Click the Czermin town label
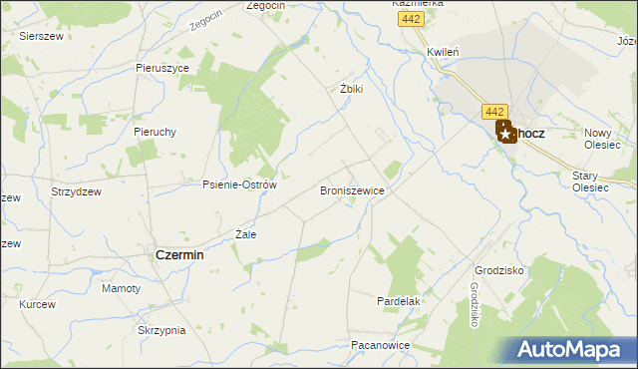[179, 255]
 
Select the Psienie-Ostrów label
[238, 184]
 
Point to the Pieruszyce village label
[162, 68]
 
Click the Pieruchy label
[155, 132]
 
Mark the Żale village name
[245, 235]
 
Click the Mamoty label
[122, 288]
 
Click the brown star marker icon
[505, 132]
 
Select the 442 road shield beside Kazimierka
[409, 19]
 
